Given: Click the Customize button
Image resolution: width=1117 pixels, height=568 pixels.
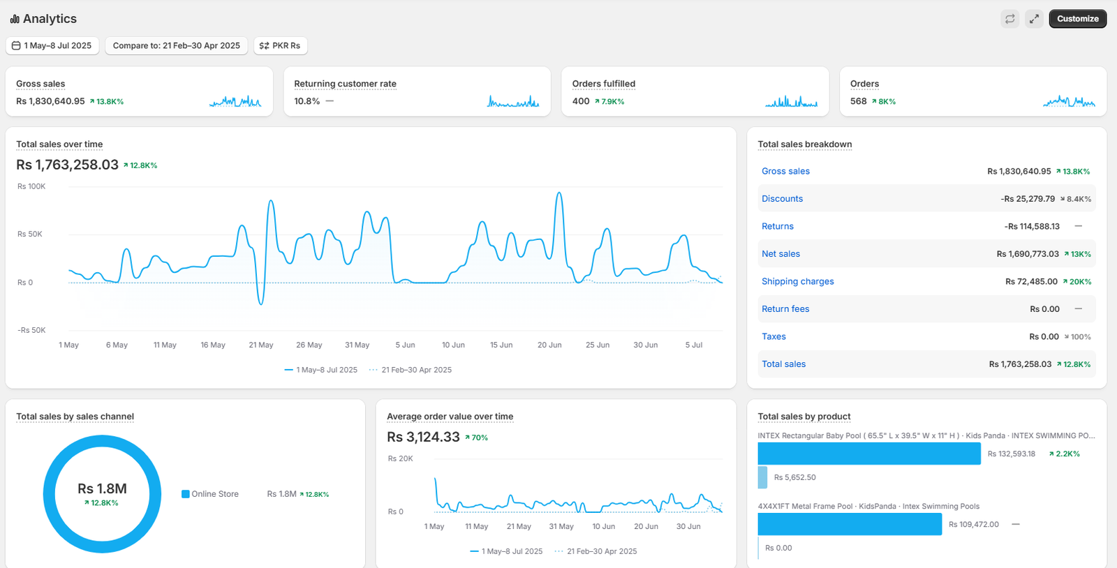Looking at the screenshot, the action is click(x=1078, y=19).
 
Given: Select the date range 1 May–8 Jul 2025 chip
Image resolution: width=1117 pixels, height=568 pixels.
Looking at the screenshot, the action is click(x=52, y=45).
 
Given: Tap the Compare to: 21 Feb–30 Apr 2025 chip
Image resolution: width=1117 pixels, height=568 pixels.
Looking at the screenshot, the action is click(x=176, y=45).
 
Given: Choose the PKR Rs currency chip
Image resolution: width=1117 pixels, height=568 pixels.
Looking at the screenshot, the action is click(x=280, y=45).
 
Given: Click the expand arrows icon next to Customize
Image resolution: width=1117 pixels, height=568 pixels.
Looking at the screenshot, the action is click(x=1034, y=19).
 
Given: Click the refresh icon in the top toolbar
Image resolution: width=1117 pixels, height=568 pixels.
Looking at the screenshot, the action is click(x=1009, y=19).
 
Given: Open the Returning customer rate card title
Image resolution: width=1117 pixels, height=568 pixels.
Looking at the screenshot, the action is click(x=345, y=84).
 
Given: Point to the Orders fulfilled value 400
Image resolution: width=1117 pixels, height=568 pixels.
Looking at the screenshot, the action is click(x=581, y=101).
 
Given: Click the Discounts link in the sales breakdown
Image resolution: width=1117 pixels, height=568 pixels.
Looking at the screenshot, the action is click(x=782, y=198).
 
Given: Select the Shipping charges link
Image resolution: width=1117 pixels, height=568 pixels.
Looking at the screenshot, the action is click(x=797, y=281).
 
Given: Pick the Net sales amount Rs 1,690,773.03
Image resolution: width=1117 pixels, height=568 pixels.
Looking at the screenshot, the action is click(x=1027, y=253).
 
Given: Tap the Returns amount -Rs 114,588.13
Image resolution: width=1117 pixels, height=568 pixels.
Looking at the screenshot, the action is click(x=1032, y=226).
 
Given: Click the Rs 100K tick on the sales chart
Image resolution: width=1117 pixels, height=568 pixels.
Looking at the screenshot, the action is click(x=31, y=186).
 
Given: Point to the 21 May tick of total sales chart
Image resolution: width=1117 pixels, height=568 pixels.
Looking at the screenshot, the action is click(x=261, y=345).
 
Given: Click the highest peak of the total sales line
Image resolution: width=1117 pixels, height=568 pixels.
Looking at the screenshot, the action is click(x=559, y=193).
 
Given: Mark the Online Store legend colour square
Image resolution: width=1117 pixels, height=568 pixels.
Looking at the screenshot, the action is click(x=186, y=494).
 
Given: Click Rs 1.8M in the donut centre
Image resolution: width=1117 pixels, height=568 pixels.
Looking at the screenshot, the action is click(x=102, y=488).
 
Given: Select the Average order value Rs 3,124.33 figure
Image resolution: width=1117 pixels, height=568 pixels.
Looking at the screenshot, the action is click(x=423, y=437).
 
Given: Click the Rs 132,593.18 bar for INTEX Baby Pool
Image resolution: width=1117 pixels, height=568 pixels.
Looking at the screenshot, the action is click(x=869, y=454).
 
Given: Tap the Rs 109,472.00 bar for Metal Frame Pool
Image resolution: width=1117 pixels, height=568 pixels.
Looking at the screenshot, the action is click(x=850, y=524).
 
